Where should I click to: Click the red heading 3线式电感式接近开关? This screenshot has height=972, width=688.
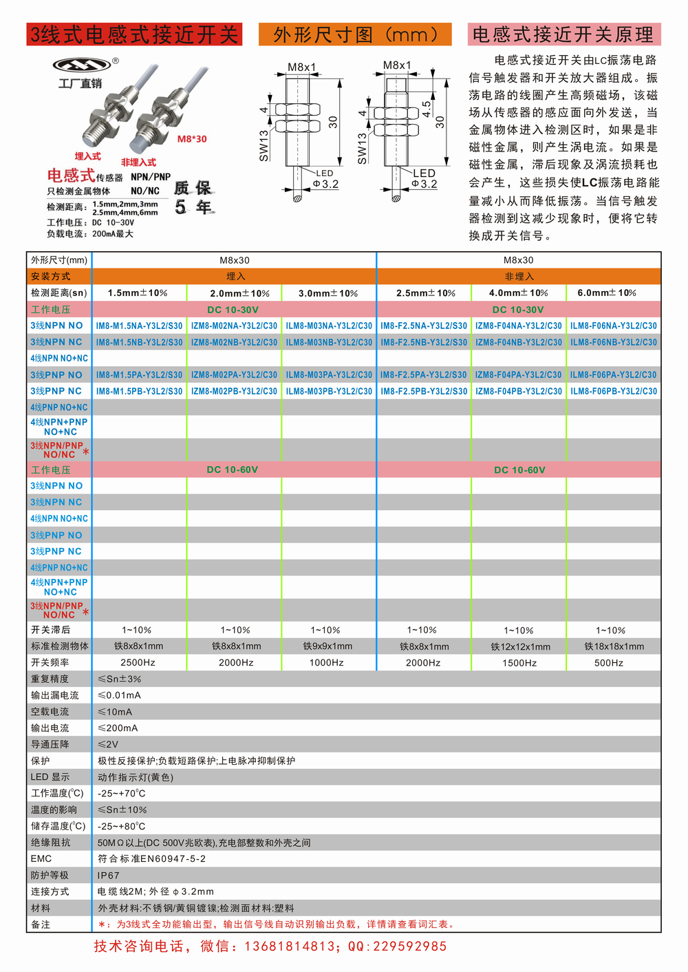click(134, 34)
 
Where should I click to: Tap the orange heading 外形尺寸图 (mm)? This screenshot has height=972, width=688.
click(355, 34)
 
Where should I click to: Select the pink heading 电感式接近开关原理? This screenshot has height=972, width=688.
click(563, 34)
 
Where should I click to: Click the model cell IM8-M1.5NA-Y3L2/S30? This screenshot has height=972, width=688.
click(139, 326)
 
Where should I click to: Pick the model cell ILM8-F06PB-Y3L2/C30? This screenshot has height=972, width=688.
click(613, 391)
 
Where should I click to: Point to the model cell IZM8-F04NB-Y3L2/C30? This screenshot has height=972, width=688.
click(518, 342)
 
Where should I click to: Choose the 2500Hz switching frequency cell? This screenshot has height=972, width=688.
click(138, 662)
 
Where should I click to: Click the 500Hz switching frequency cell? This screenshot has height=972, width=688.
click(608, 663)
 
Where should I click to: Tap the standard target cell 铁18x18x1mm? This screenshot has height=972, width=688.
click(614, 646)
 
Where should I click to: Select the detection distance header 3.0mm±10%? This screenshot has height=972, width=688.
click(328, 293)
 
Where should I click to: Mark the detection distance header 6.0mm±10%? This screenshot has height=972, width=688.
click(607, 293)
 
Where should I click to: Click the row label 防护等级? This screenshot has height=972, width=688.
click(50, 875)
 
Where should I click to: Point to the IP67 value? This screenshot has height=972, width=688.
click(109, 875)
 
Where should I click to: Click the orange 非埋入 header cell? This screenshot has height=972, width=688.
click(519, 276)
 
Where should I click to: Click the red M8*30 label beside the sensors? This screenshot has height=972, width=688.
click(192, 139)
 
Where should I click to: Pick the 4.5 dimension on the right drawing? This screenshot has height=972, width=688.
click(427, 109)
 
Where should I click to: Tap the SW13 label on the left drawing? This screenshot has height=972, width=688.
click(264, 145)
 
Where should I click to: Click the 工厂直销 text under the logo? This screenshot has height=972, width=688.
click(80, 83)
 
